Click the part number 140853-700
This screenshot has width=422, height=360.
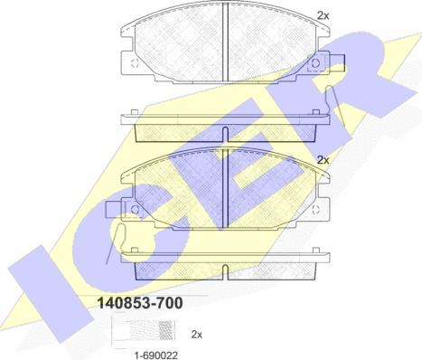(140, 303)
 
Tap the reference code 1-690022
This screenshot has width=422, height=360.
(155, 355)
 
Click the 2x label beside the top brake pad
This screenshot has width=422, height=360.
(324, 15)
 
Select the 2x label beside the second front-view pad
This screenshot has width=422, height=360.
(324, 160)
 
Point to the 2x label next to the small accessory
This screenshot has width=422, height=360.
(197, 335)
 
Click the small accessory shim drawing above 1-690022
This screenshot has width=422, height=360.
(144, 331)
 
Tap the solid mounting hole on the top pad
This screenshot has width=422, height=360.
(315, 63)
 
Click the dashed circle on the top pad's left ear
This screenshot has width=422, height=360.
(135, 63)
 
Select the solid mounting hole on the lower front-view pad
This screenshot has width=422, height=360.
(135, 210)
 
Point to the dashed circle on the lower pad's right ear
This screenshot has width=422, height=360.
(315, 210)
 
